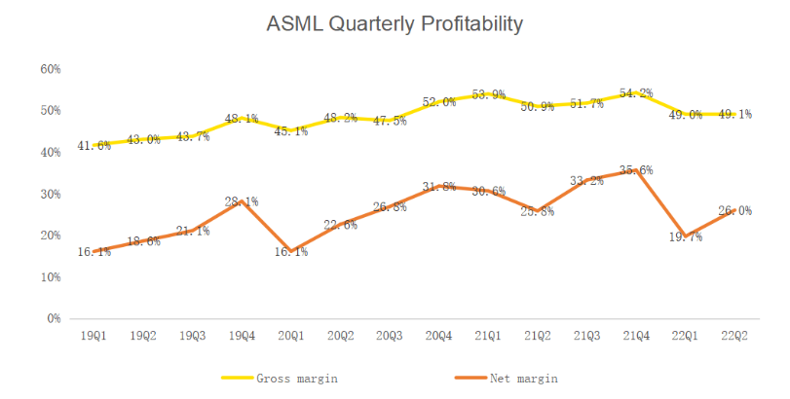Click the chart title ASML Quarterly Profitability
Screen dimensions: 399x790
click(395, 24)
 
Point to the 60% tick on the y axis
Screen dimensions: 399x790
click(51, 70)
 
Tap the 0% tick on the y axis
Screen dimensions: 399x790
click(54, 318)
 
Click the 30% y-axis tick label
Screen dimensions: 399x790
click(51, 195)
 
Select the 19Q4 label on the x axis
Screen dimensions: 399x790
click(242, 336)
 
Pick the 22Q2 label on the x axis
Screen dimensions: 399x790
click(734, 336)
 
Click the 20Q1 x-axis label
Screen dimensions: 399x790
click(291, 336)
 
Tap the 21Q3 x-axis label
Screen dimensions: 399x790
click(586, 336)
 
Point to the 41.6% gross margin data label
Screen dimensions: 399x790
click(94, 146)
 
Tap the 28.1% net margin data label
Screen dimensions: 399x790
click(242, 201)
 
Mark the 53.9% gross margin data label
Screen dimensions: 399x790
click(488, 94)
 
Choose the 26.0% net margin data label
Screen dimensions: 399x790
click(734, 210)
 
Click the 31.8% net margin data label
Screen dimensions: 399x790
click(438, 187)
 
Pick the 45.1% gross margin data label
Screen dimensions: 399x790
click(291, 131)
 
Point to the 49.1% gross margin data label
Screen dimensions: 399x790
click(734, 114)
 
